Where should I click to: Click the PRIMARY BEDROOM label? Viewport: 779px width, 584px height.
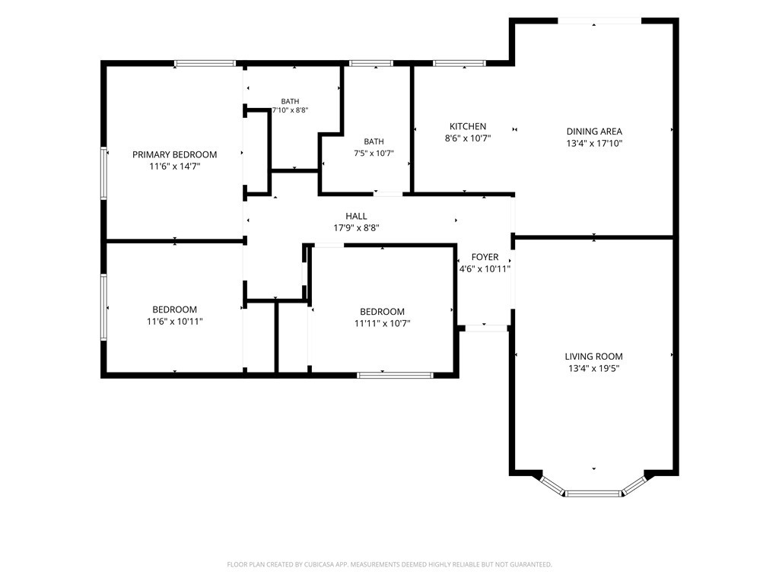coord(174,154)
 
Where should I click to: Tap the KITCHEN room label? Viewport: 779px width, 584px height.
coord(468,126)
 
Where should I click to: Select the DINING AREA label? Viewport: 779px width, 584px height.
coord(594,132)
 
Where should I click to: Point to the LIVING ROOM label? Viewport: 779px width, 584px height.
coord(593,357)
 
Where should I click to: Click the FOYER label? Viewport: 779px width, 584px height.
coord(485,257)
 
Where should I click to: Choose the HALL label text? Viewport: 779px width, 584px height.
coord(356,216)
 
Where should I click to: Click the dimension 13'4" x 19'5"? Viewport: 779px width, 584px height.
coord(593,369)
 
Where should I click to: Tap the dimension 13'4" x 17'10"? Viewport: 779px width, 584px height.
coord(594,144)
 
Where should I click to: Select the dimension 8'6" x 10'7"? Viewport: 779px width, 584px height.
coord(468,138)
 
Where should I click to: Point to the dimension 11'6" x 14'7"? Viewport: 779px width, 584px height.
coord(174,167)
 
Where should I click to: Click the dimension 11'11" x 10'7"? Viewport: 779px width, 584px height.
coord(382,324)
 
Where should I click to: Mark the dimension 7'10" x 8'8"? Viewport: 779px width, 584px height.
coord(290,110)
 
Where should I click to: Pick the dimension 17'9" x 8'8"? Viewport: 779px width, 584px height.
coord(356,228)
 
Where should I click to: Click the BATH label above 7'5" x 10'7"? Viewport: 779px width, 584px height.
coord(374,141)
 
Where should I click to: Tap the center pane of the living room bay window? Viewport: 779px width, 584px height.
coord(593,494)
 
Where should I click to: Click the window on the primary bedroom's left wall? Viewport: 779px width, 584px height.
coord(103,173)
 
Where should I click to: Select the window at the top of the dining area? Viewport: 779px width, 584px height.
coord(599,21)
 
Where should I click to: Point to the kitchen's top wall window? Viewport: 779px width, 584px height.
coord(459,63)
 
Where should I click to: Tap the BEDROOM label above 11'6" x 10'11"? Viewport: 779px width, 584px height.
coord(174,309)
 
